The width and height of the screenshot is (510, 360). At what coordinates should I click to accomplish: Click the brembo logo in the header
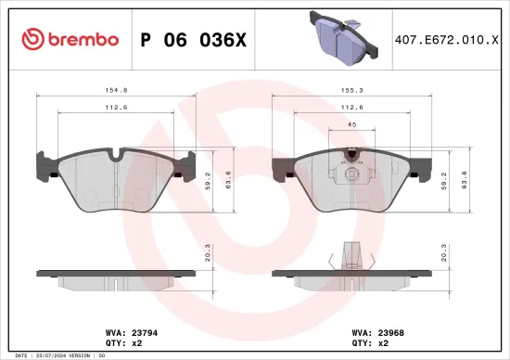(70, 39)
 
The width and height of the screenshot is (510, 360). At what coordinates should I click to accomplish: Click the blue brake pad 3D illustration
(341, 40)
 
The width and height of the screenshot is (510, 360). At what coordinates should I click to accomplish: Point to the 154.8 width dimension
(115, 91)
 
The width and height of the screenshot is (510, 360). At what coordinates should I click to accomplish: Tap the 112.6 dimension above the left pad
(115, 107)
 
